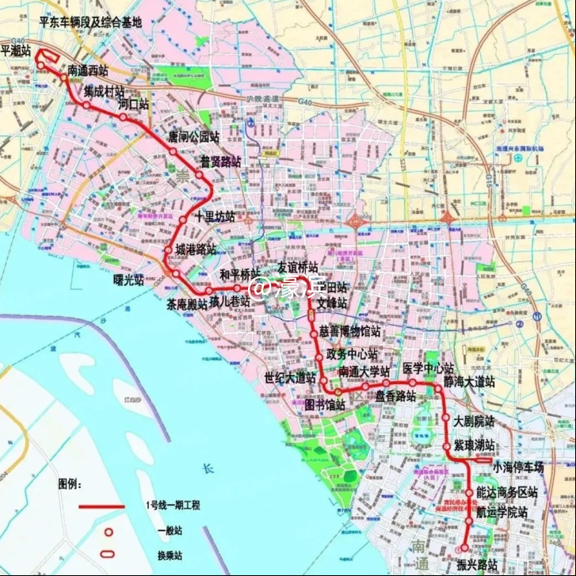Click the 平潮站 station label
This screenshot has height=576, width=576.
pyautogui.click(x=16, y=50)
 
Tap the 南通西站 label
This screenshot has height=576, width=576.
pyautogui.click(x=87, y=70)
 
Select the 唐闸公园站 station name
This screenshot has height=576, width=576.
pyautogui.click(x=193, y=136)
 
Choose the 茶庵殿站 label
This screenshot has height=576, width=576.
pyautogui.click(x=186, y=304)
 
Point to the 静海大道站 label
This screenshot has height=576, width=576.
pyautogui.click(x=469, y=382)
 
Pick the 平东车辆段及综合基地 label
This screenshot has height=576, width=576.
pyautogui.click(x=90, y=23)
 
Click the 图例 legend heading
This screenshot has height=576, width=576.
pyautogui.click(x=70, y=483)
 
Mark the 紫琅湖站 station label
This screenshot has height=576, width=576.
pyautogui.click(x=474, y=444)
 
